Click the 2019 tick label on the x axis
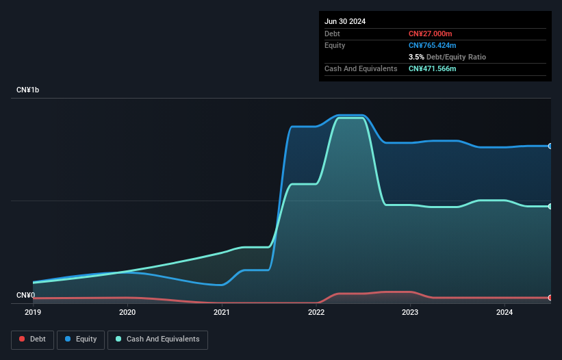[33, 312]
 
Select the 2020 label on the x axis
[127, 312]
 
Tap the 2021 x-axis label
[222, 312]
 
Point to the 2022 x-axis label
[316, 312]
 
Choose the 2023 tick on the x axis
[410, 312]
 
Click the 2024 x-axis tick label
[504, 312]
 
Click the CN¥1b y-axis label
[28, 90]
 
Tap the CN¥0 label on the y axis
[25, 296]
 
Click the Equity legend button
[81, 339]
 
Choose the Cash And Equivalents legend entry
[157, 339]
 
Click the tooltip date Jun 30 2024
[345, 21]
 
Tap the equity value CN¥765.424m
[432, 45]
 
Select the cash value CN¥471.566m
[432, 68]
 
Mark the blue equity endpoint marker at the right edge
[550, 146]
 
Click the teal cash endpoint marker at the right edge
[550, 206]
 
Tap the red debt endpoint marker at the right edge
[550, 298]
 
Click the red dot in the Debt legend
[22, 339]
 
